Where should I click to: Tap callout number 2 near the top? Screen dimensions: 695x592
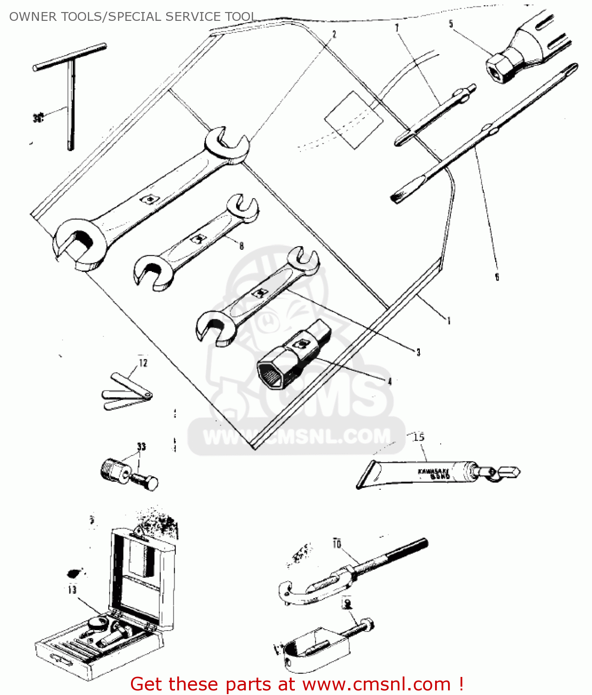pyautogui.click(x=334, y=34)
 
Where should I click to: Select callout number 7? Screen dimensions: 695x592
pyautogui.click(x=397, y=28)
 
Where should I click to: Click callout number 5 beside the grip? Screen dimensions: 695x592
pyautogui.click(x=451, y=24)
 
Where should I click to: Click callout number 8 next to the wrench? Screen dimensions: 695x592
pyautogui.click(x=241, y=246)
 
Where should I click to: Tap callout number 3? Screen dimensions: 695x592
pyautogui.click(x=418, y=352)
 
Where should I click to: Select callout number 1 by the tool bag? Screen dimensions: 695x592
pyautogui.click(x=448, y=321)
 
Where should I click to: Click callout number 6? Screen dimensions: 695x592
pyautogui.click(x=497, y=277)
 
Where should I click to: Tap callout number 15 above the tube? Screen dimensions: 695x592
pyautogui.click(x=418, y=437)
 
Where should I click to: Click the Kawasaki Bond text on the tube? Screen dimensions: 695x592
pyautogui.click(x=434, y=474)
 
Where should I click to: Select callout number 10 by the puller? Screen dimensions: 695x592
pyautogui.click(x=337, y=543)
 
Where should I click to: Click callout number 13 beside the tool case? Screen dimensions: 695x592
pyautogui.click(x=72, y=590)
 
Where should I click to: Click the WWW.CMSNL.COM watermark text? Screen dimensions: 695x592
pyautogui.click(x=296, y=437)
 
